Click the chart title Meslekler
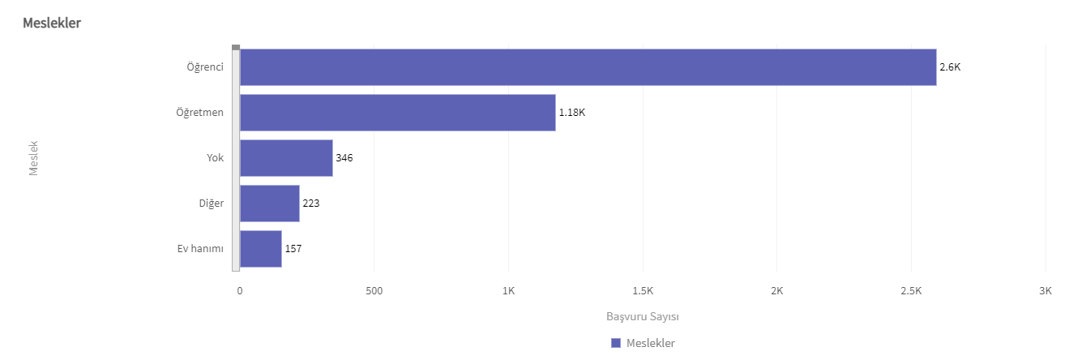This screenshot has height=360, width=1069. [52, 23]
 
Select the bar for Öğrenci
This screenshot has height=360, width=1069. [588, 67]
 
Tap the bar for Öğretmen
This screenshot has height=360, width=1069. [397, 113]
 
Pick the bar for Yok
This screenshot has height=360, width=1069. [286, 158]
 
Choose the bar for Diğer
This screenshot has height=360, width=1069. [270, 204]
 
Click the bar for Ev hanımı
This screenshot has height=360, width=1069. [261, 249]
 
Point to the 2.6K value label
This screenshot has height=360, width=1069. [950, 67]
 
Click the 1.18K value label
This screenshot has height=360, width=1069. [571, 113]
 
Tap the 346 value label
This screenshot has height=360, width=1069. [344, 158]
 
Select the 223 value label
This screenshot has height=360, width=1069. [311, 204]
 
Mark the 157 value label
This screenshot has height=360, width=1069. [293, 249]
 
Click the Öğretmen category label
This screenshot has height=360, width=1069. [199, 113]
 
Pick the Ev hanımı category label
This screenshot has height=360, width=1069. [200, 249]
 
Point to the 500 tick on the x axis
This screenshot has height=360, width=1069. [374, 290]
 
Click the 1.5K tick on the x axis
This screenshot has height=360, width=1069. [643, 290]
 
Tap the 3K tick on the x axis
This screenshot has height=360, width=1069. [1045, 290]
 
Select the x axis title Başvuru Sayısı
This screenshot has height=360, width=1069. [642, 316]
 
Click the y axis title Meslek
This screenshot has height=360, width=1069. [34, 158]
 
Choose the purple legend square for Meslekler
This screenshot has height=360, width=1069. [616, 343]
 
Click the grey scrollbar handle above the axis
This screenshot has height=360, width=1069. [236, 47]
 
